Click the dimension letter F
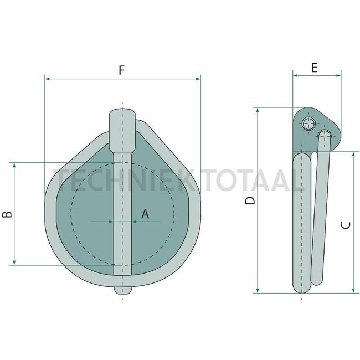click(x=122, y=70)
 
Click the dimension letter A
click(x=145, y=214)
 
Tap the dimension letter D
click(x=251, y=200)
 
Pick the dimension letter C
click(x=345, y=224)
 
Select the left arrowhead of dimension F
click(x=47, y=79)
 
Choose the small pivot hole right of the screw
click(x=325, y=134)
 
